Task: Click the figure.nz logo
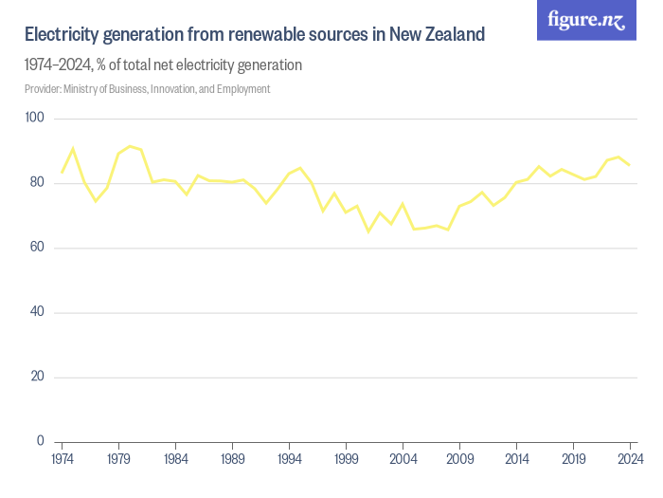pos(586,20)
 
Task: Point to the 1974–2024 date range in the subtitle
pos(58,65)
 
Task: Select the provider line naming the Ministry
pos(148,89)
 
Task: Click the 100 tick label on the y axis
pos(35,118)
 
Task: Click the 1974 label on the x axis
pos(63,459)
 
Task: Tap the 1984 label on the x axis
pos(176,459)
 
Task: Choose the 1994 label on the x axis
pos(290,459)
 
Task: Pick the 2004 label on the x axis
pos(403,459)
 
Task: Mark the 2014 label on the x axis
pos(516,459)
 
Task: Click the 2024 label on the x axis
pos(628,459)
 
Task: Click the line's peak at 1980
pos(131,146)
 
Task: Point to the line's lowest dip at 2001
pos(368,231)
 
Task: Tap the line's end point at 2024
pos(630,165)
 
